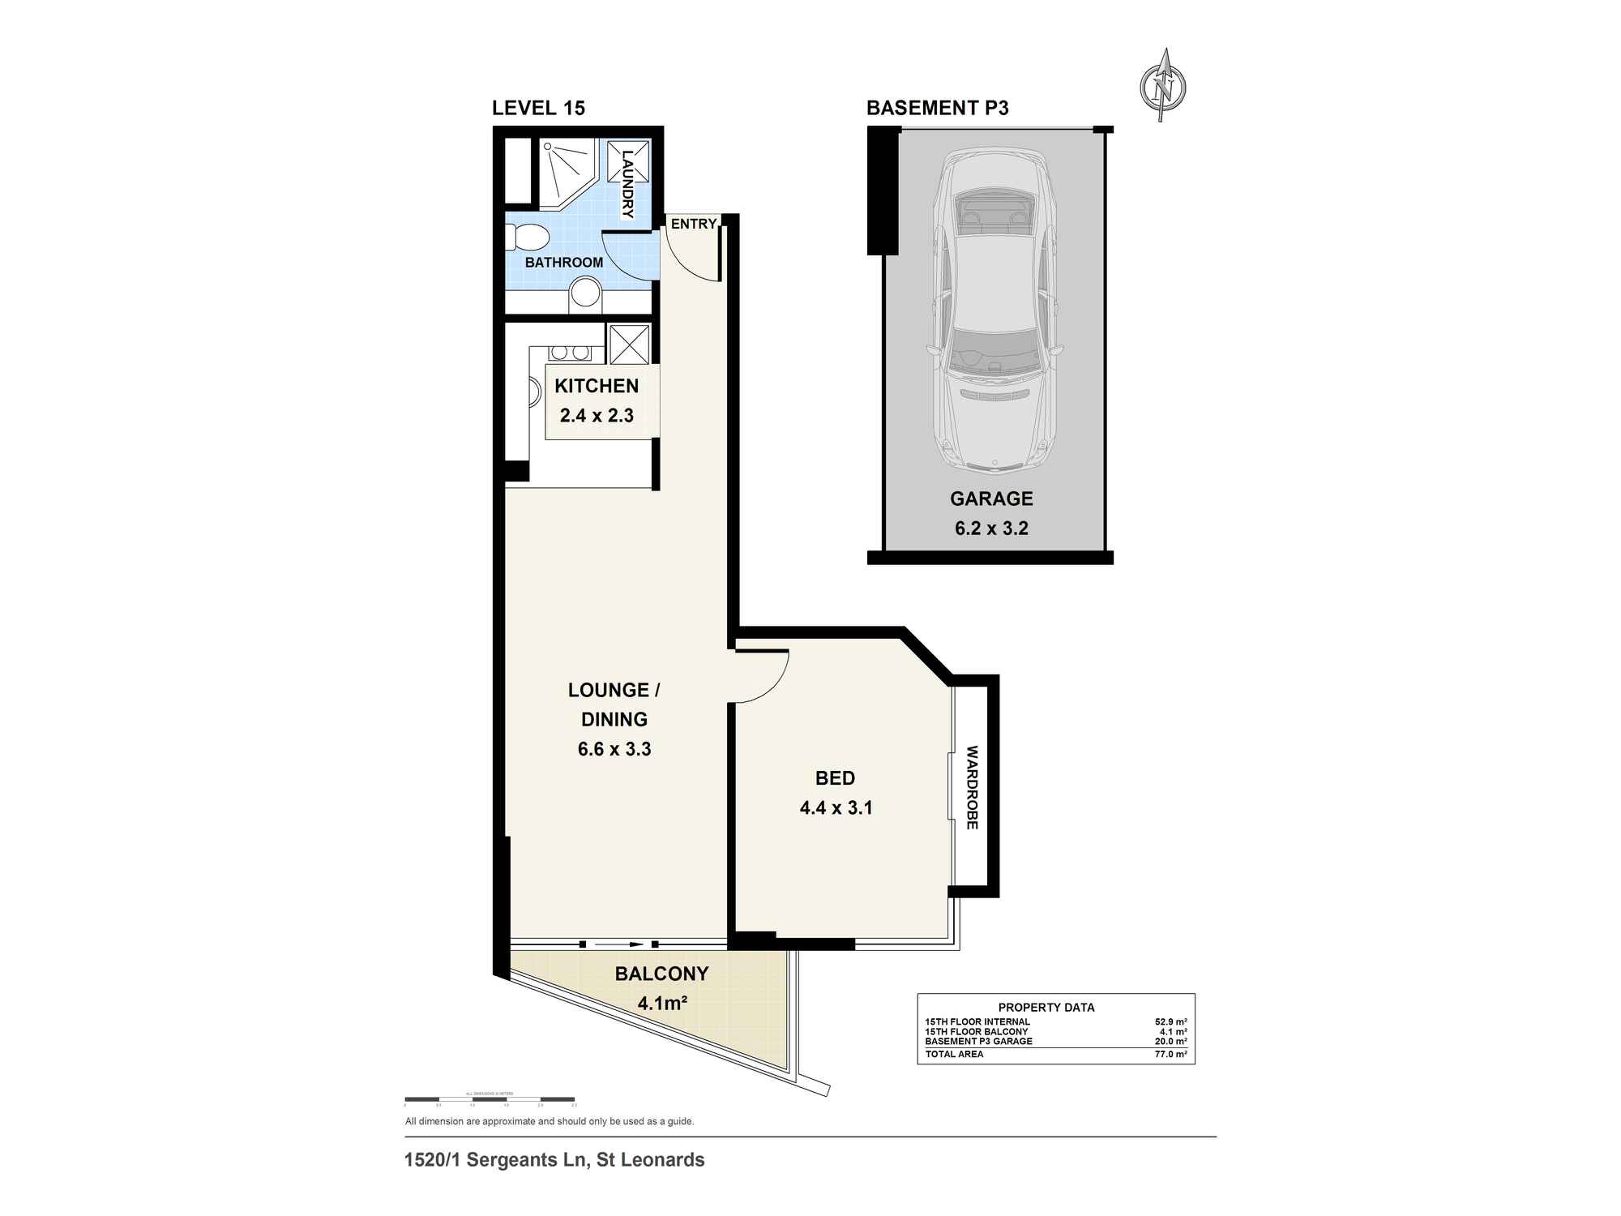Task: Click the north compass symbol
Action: tap(1164, 85)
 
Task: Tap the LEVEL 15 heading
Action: tap(538, 108)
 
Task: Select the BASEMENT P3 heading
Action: tap(937, 108)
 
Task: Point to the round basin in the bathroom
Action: tap(584, 293)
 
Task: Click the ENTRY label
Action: tap(694, 224)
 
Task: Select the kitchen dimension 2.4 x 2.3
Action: tap(597, 416)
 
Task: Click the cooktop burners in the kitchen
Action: tap(570, 353)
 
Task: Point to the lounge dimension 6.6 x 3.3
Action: tap(614, 749)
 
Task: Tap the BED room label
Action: tap(835, 778)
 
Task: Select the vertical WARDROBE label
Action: tap(973, 787)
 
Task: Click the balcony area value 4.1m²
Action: tap(662, 1004)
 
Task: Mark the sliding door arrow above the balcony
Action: tap(619, 944)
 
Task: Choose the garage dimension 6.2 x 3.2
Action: tap(991, 529)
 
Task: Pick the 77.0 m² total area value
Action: tap(1170, 1054)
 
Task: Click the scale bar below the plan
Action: tap(490, 1100)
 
